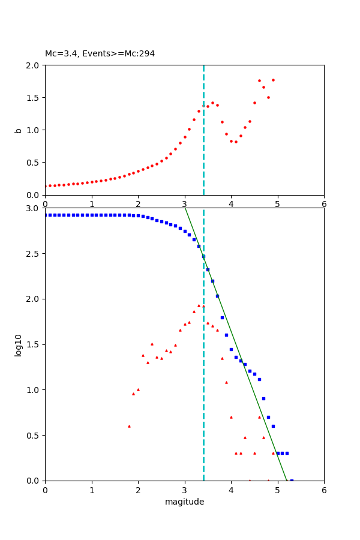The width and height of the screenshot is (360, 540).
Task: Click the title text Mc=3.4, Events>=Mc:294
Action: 100,53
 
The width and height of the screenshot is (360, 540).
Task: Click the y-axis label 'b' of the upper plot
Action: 18,130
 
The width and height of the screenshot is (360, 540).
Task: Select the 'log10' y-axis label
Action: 18,344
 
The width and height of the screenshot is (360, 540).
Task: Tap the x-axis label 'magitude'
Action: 184,502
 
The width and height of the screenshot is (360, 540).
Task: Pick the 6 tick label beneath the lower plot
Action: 324,490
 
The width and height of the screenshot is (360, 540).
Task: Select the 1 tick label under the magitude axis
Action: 92,490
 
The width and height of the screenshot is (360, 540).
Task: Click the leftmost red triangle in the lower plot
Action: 129,426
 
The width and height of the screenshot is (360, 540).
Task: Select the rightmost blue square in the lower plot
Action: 292,480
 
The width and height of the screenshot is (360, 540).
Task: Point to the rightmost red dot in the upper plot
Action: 273,80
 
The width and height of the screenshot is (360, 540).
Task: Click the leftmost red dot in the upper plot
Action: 45,186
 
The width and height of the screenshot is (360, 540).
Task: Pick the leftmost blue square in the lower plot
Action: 45,215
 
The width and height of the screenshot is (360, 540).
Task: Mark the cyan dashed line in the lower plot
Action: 203,390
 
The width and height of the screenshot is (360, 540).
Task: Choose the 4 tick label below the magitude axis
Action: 231,490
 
